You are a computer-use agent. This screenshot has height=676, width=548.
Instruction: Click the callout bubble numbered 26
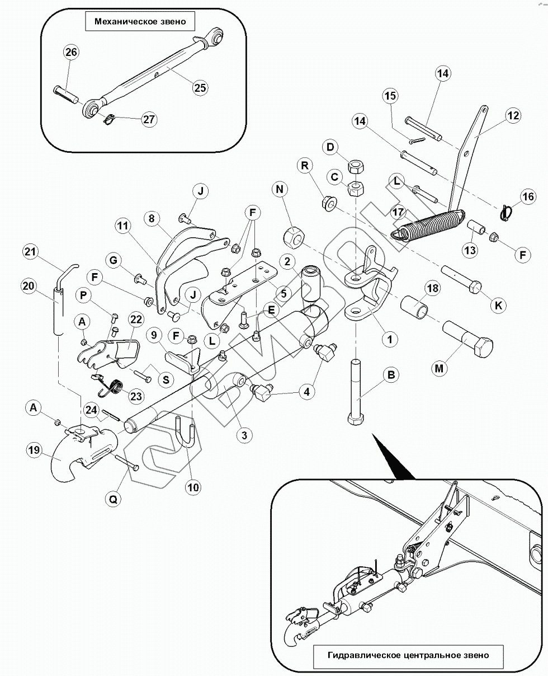[x=71, y=51]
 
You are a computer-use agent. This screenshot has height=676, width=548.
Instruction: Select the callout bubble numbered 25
[x=200, y=88]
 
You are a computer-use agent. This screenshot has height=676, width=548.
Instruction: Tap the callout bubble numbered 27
[x=149, y=119]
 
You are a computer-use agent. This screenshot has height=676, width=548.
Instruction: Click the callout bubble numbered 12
[x=513, y=115]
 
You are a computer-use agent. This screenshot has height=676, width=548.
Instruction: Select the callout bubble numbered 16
[x=528, y=197]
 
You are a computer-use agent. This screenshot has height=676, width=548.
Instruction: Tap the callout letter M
[x=439, y=368]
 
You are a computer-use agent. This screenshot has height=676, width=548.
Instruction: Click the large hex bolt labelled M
[x=468, y=339]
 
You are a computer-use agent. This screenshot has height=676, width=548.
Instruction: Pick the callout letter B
[x=391, y=375]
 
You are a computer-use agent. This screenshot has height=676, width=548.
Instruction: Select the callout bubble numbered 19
[x=34, y=450]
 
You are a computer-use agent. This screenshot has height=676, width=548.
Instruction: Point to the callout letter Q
[x=113, y=499]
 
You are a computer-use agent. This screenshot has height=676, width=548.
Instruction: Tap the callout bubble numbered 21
[x=31, y=252]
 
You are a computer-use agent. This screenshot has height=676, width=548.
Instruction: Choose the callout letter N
[x=280, y=190]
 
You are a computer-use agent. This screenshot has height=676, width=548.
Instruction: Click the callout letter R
[x=305, y=165]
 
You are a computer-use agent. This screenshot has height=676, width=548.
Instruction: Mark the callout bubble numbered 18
[x=433, y=288]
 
